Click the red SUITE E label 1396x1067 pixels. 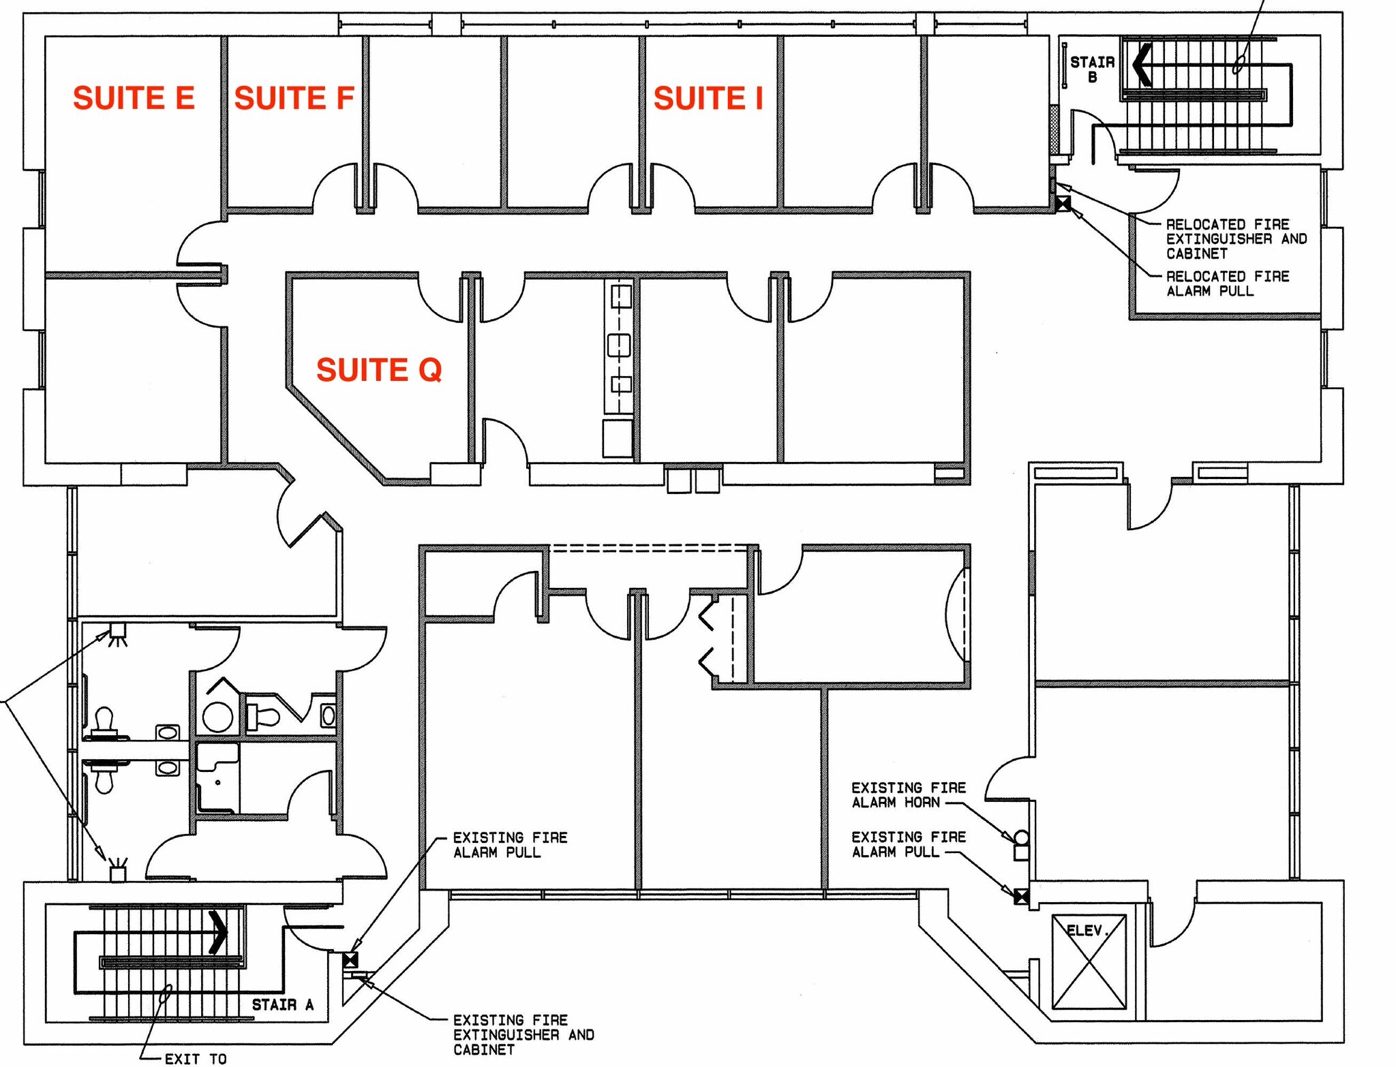click(x=134, y=98)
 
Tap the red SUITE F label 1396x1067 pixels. click(x=294, y=98)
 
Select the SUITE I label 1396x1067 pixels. click(x=708, y=98)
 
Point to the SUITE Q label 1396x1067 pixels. click(x=379, y=370)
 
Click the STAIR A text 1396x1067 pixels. click(x=282, y=1005)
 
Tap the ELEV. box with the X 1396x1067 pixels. click(x=1089, y=962)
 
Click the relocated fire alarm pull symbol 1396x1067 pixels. click(x=1063, y=203)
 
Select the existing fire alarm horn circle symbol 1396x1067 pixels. click(x=1021, y=837)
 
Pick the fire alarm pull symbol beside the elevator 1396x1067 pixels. click(x=1021, y=897)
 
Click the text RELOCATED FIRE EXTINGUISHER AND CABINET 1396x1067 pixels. click(x=1235, y=239)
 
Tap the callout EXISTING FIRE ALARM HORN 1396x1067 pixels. click(x=908, y=795)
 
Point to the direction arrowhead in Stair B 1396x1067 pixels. click(x=1142, y=65)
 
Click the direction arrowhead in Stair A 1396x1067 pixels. click(x=218, y=932)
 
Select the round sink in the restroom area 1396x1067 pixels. click(x=217, y=717)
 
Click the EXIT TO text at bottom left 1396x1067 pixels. click(x=196, y=1058)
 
